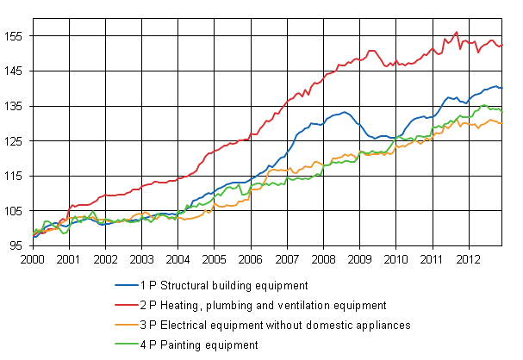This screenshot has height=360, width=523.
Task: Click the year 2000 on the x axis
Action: (33, 258)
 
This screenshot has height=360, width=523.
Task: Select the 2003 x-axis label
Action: (141, 258)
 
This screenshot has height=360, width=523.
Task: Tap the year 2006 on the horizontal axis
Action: (251, 258)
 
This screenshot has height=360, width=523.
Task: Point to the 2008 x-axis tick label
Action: (323, 258)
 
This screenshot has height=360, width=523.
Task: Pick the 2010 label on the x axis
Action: (395, 258)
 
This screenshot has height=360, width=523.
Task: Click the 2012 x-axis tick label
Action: (468, 258)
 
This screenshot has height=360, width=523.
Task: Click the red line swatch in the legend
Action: (124, 305)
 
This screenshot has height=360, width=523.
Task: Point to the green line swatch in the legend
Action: (124, 344)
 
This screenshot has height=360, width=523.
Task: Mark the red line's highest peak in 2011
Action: (456, 33)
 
